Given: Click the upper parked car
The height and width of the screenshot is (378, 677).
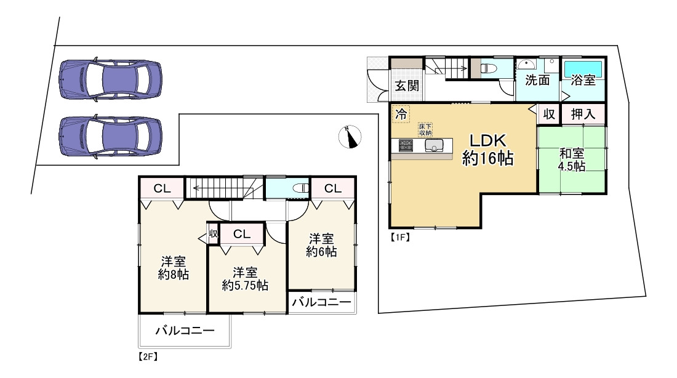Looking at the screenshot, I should (110, 79).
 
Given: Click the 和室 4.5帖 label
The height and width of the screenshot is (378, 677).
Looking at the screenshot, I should (572, 159).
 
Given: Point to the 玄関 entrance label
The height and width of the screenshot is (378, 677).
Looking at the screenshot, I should (407, 86).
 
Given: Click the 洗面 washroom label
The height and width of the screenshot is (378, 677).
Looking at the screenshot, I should (537, 80).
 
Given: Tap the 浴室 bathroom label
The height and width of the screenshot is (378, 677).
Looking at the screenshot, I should (583, 80).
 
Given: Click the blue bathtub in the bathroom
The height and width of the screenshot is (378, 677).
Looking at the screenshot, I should (583, 66).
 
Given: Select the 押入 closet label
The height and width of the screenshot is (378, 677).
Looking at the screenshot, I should (583, 114).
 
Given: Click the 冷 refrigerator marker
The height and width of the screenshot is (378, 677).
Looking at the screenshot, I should (401, 114).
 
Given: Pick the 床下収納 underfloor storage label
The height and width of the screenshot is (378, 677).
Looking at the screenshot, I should (425, 129).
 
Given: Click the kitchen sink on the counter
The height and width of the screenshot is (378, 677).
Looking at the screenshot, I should (434, 146).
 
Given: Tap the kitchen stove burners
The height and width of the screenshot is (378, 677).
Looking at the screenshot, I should (406, 146).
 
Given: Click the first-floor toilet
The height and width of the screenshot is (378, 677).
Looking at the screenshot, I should (490, 68).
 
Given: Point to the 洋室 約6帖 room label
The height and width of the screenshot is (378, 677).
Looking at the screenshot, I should (322, 244).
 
